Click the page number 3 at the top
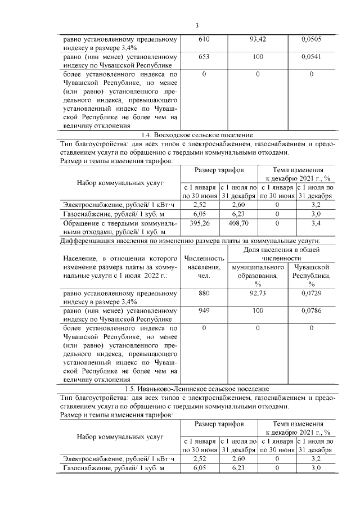[x=197, y=25]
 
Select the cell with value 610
[x=204, y=40]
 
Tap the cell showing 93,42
[x=257, y=40]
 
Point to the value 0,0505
[x=310, y=40]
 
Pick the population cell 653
[x=204, y=57]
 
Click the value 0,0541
[x=310, y=57]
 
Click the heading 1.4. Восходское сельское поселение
[x=196, y=135]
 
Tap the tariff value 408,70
[x=238, y=223]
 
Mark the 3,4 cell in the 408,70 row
[x=316, y=223]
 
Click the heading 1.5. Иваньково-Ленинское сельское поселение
[x=196, y=389]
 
